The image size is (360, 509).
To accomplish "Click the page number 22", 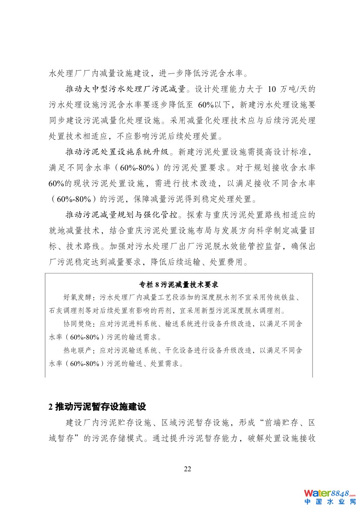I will coord(187,469).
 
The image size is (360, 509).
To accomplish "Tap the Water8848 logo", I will coord(330,493).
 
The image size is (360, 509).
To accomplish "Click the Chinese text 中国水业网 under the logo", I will coord(330,502).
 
